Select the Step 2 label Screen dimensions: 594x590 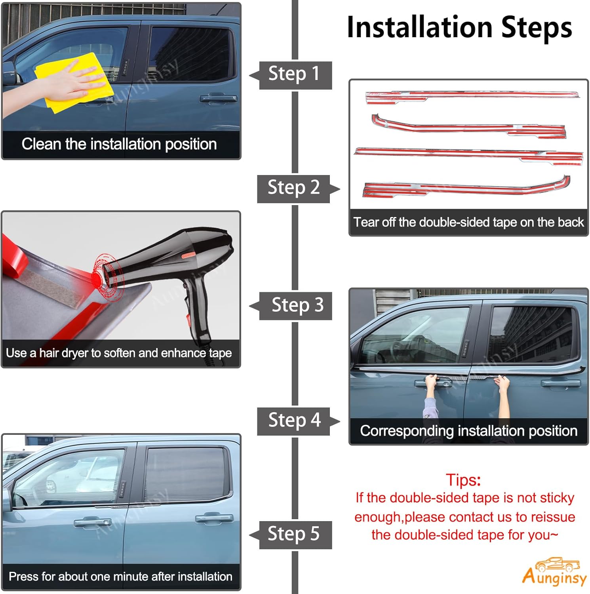[294, 188]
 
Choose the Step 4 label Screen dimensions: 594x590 [294, 421]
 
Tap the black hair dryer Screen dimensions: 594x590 [174, 269]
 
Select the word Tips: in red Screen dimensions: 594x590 [463, 480]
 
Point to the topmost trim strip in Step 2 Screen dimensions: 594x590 [471, 96]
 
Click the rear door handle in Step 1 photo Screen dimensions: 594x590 [219, 98]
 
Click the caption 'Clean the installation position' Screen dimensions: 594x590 [119, 144]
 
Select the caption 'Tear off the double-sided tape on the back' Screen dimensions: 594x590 [468, 222]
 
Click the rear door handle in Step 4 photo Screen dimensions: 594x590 [560, 383]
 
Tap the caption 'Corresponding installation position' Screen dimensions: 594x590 [468, 431]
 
